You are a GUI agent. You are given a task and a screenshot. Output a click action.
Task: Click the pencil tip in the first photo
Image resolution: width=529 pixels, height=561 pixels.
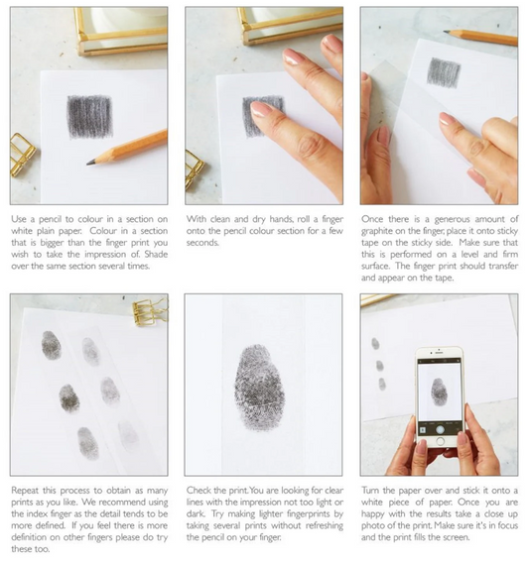click(x=88, y=164)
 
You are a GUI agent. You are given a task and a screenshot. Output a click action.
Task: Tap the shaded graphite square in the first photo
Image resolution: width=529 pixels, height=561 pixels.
click(x=90, y=117)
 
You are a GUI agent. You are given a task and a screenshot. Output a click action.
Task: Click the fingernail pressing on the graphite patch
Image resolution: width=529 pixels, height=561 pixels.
click(x=260, y=109)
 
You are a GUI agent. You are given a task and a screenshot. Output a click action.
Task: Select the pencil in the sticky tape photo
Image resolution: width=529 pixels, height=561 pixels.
click(x=480, y=38)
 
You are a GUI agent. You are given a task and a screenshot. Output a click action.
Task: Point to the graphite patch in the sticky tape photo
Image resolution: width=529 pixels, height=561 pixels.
click(x=444, y=73)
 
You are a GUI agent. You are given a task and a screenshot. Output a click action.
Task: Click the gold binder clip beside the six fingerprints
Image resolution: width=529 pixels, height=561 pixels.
click(x=148, y=312)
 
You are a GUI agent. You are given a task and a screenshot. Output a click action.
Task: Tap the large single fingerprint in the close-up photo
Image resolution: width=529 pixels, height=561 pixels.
click(x=260, y=388)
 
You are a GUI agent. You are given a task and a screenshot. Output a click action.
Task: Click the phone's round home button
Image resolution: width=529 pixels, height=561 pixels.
click(x=441, y=442)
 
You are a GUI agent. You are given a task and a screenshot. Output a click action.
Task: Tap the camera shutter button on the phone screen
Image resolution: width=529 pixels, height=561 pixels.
click(x=440, y=429)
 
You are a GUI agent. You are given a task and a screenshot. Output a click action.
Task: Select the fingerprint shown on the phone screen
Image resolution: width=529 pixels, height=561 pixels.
click(x=439, y=393)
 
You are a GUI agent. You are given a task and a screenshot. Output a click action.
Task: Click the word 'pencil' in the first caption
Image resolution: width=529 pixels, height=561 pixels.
click(x=51, y=219)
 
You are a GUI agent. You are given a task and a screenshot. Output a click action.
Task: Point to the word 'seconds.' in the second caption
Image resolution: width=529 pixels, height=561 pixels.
click(x=201, y=243)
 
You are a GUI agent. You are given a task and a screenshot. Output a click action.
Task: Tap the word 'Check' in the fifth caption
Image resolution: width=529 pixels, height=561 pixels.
click(x=198, y=491)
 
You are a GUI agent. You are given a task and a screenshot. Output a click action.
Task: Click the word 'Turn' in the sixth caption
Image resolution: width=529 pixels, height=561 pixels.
click(x=370, y=491)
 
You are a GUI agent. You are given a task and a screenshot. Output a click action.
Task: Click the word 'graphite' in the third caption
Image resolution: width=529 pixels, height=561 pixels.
click(x=377, y=231)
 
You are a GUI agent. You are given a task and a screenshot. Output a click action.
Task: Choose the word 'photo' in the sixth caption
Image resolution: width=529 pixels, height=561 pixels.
click(x=372, y=525)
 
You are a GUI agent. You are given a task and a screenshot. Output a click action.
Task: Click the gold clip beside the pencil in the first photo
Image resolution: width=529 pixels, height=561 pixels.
click(x=22, y=155)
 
